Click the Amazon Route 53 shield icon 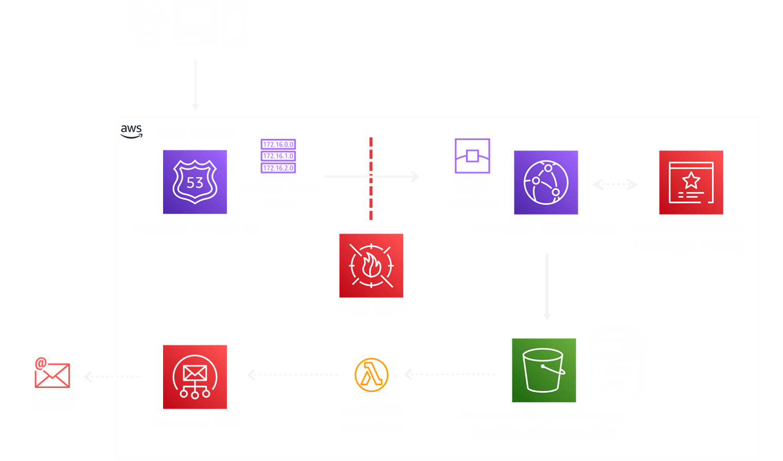[x=195, y=182]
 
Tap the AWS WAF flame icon [x=371, y=266]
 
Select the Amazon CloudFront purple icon [x=546, y=182]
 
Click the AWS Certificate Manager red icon [x=691, y=182]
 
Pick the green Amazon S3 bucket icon [x=544, y=370]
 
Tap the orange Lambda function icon [x=371, y=375]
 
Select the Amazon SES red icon [x=195, y=377]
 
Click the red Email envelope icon [x=52, y=374]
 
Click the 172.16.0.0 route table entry [x=278, y=145]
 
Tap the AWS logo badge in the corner [x=131, y=131]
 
